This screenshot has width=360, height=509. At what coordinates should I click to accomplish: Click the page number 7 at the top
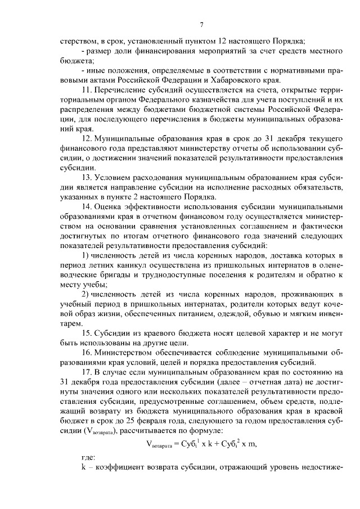click(201, 24)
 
